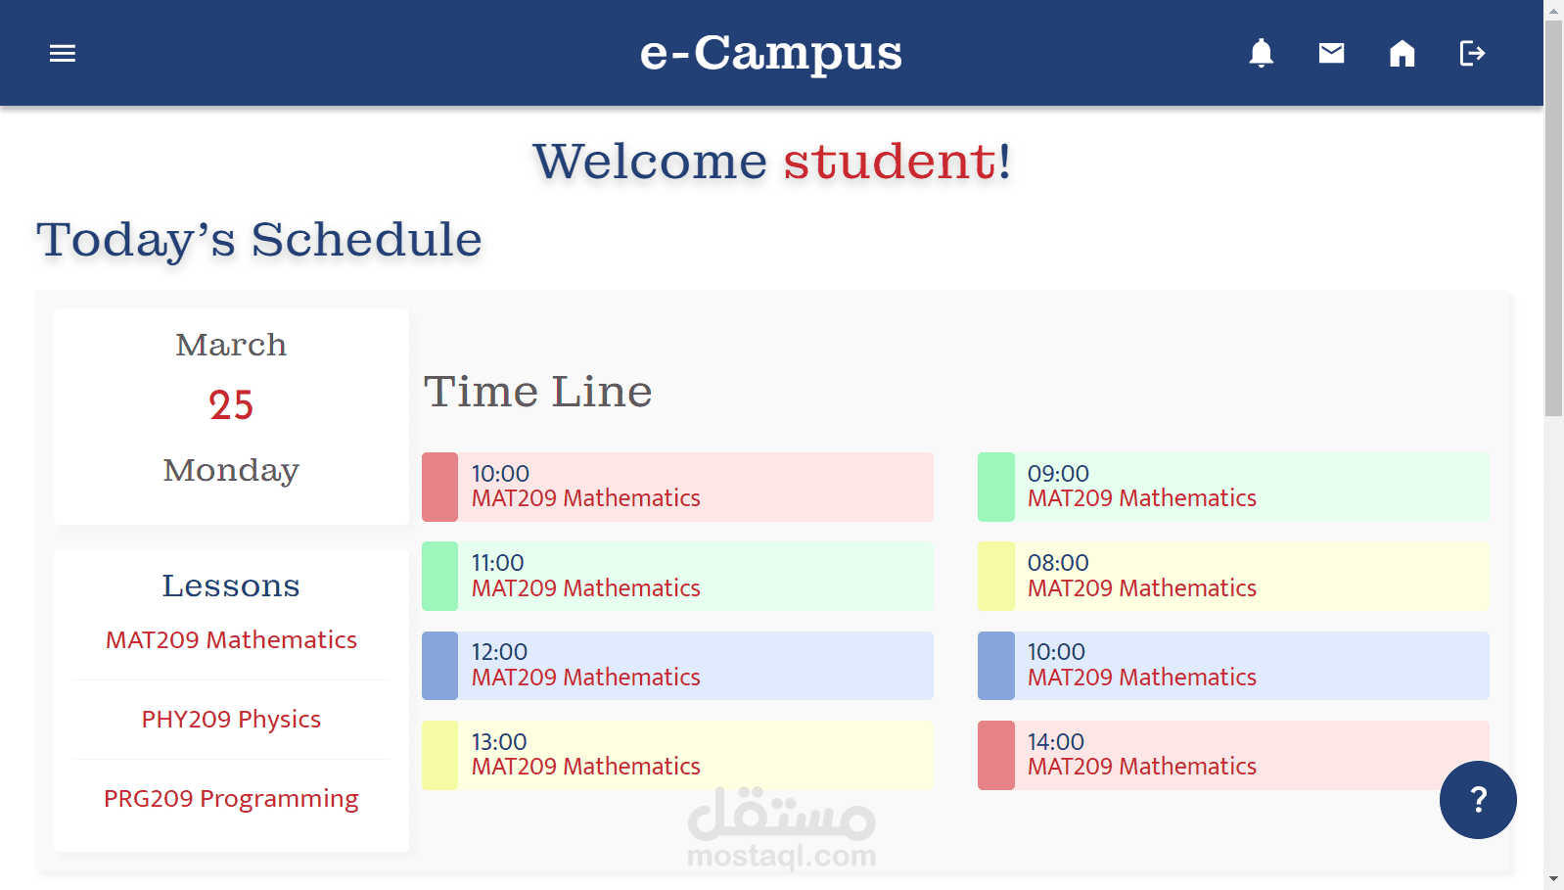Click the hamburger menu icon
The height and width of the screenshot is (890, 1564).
point(63,53)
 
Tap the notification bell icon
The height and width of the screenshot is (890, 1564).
point(1262,53)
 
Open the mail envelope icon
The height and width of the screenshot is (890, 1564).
point(1332,53)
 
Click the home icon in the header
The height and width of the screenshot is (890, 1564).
point(1403,53)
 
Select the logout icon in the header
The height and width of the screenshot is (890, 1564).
point(1472,53)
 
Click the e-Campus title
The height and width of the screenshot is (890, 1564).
point(771,53)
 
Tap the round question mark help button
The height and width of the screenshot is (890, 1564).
point(1478,800)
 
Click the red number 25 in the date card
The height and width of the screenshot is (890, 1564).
point(231,405)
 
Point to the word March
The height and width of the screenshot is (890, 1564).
point(231,345)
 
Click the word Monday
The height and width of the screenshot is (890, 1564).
point(231,470)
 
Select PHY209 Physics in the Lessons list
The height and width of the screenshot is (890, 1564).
point(231,720)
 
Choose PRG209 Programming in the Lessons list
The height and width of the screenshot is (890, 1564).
point(231,799)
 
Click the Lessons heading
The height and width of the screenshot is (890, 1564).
point(231,586)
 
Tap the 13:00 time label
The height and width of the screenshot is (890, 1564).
point(499,742)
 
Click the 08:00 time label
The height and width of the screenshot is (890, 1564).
point(1058,563)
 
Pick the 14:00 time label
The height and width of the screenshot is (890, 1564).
point(1056,742)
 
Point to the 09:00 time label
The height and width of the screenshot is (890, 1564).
point(1058,474)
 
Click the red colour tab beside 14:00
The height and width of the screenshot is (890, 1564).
point(995,755)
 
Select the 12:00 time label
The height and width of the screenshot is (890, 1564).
point(499,652)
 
